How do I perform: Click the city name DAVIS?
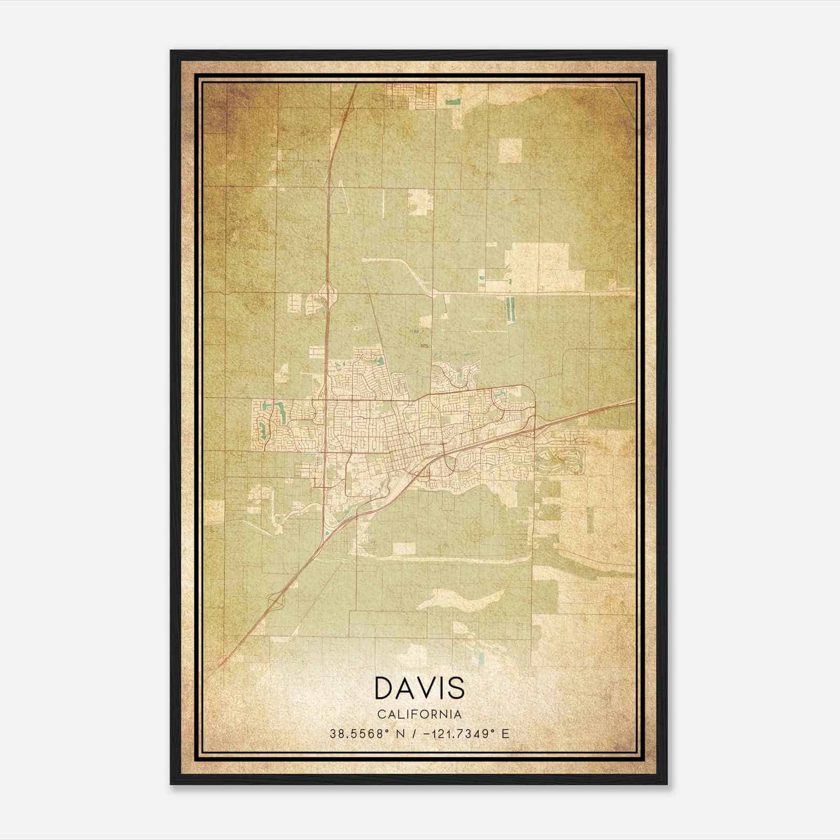click(419, 688)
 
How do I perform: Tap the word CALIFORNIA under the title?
click(419, 715)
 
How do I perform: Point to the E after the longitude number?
click(505, 734)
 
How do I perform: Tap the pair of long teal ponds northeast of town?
click(509, 310)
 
